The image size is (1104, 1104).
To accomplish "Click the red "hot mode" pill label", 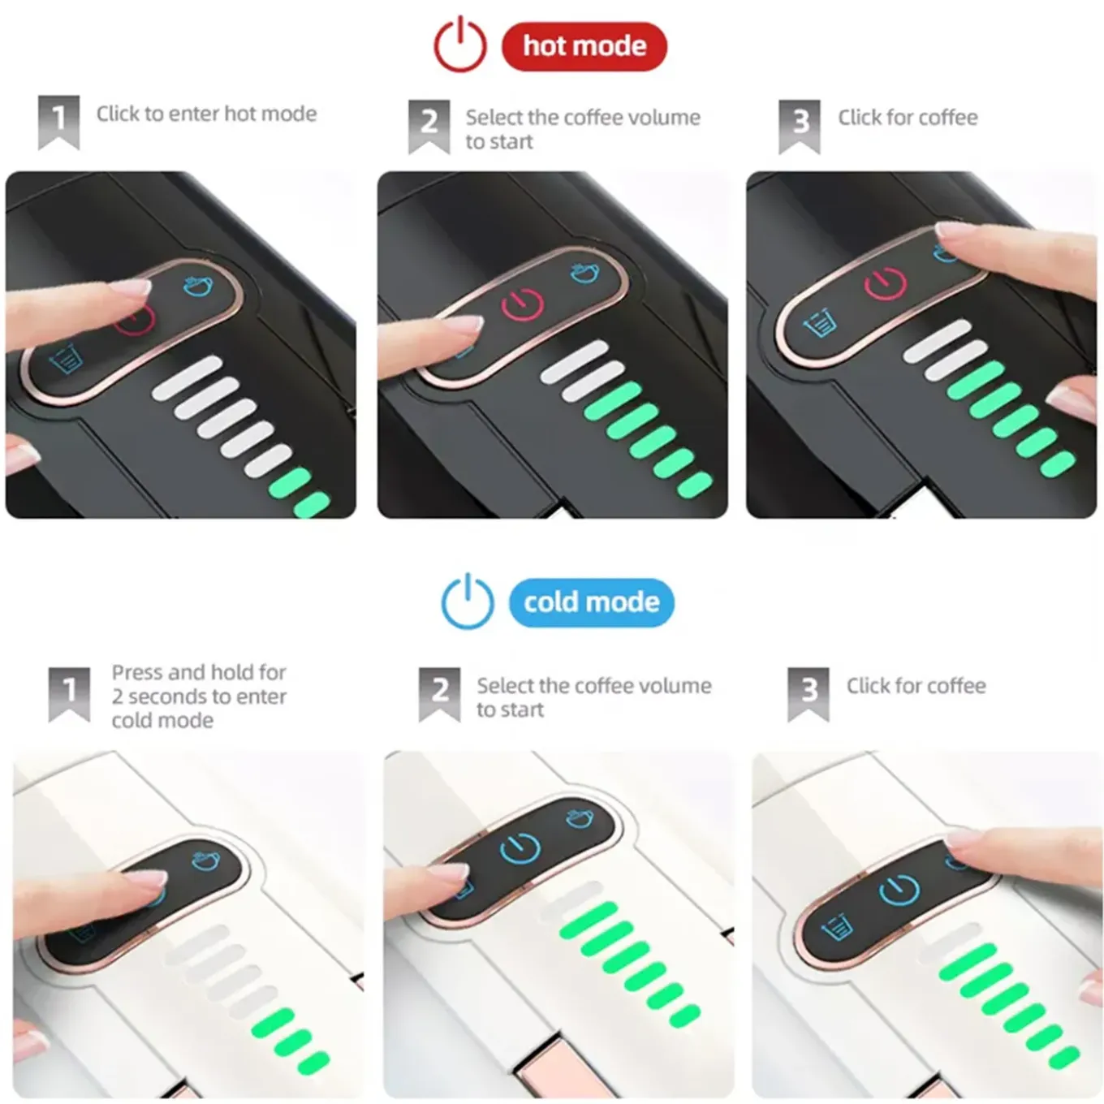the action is [x=584, y=46].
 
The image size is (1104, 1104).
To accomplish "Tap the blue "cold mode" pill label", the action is [x=591, y=602].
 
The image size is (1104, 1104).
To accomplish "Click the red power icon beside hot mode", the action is [x=460, y=45].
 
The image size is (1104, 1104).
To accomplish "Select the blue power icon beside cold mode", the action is [x=468, y=602].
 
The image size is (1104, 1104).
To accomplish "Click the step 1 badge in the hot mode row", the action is [x=58, y=123].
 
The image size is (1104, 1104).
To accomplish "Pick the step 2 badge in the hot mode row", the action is [x=429, y=127].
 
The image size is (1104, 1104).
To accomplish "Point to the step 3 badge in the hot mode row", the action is [x=800, y=127].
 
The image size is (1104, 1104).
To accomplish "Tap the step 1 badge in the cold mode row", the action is [x=69, y=694].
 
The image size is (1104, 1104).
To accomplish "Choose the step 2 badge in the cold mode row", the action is [x=439, y=694].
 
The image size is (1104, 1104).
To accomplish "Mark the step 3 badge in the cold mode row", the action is [x=809, y=694].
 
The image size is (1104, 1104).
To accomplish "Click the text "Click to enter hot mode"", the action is [x=206, y=114].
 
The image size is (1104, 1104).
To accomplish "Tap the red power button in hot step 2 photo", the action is [x=523, y=304].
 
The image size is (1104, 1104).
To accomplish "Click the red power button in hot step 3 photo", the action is [x=885, y=283].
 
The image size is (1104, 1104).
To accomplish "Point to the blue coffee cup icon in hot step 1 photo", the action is [x=198, y=285].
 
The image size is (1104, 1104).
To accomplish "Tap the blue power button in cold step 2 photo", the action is [x=520, y=848].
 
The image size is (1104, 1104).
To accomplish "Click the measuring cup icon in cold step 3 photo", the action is [x=836, y=927].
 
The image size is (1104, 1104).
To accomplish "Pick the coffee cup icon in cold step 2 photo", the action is [x=580, y=819].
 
